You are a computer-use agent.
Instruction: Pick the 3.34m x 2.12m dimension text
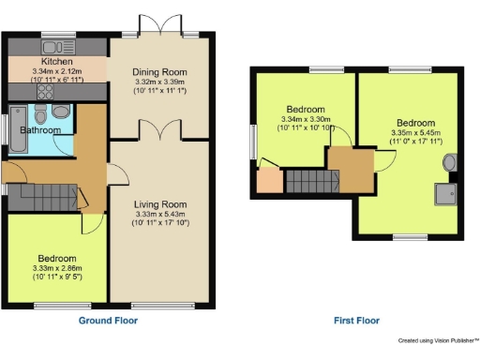pyautogui.click(x=57, y=71)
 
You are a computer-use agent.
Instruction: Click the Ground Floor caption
pyautogui.click(x=107, y=321)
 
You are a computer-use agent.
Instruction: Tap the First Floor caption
pyautogui.click(x=357, y=321)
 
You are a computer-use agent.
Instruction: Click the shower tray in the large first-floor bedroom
pyautogui.click(x=444, y=194)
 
